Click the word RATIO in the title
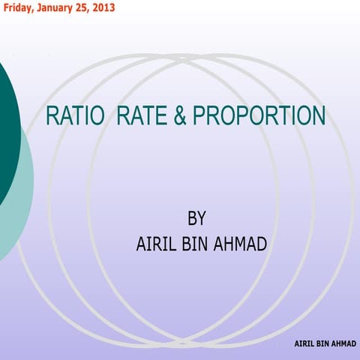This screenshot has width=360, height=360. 74,116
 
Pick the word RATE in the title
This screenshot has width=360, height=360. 148,116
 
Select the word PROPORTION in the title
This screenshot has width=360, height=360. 259,116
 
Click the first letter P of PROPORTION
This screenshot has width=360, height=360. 199,116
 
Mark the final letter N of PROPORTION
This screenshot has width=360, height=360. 318,116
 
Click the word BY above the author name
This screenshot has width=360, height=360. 196,218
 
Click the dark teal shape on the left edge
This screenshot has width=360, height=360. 7,127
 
